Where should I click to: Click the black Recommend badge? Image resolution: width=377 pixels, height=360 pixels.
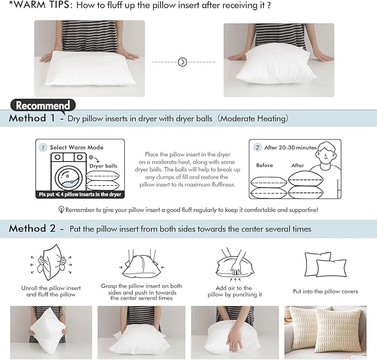pyautogui.click(x=43, y=105)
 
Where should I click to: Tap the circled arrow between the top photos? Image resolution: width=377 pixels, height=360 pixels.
pyautogui.click(x=183, y=62)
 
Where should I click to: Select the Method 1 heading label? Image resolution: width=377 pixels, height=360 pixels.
pyautogui.click(x=32, y=118)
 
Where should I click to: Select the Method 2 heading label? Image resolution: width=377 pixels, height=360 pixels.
pyautogui.click(x=32, y=229)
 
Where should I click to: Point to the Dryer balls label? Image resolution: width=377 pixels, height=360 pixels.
pyautogui.click(x=103, y=166)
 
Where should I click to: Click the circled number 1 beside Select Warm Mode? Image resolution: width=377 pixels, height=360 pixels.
pyautogui.click(x=43, y=148)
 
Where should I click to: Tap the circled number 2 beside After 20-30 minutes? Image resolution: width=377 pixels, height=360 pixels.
pyautogui.click(x=258, y=148)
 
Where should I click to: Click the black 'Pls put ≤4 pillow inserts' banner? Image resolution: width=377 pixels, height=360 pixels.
pyautogui.click(x=79, y=194)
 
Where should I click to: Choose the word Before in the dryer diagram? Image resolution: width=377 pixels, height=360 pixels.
pyautogui.click(x=265, y=165)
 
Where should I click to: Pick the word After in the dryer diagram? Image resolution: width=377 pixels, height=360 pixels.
pyautogui.click(x=298, y=165)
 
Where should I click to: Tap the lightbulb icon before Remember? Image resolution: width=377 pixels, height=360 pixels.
pyautogui.click(x=61, y=210)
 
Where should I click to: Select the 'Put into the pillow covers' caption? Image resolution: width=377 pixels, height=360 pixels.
pyautogui.click(x=325, y=291)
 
